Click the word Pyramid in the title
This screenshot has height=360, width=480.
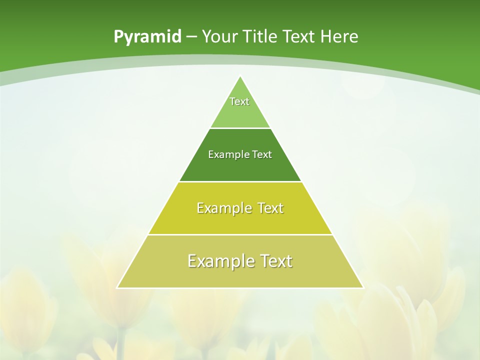147,37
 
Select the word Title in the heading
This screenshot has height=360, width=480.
260,36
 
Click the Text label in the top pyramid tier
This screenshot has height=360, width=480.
239,101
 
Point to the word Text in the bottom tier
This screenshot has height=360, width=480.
275,261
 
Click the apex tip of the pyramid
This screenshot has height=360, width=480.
240,76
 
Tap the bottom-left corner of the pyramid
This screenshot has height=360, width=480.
117,287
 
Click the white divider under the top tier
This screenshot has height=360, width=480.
240,128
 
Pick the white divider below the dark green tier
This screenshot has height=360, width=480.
240,181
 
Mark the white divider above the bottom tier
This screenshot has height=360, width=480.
240,234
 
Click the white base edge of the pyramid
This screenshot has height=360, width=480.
240,288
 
